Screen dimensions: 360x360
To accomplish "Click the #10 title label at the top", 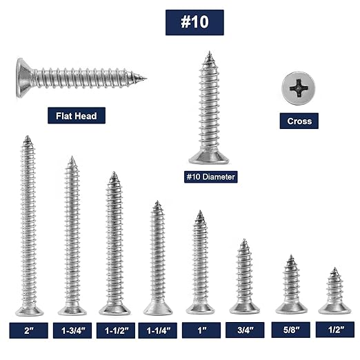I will coord(194,22).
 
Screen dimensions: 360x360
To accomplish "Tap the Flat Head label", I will coord(77,115).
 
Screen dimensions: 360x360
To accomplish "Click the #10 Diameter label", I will coord(210,177).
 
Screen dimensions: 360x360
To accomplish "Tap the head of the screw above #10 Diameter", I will coord(208,158).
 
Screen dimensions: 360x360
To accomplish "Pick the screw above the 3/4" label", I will coord(244,276).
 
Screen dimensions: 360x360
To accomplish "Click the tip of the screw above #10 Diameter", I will coord(208,53).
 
